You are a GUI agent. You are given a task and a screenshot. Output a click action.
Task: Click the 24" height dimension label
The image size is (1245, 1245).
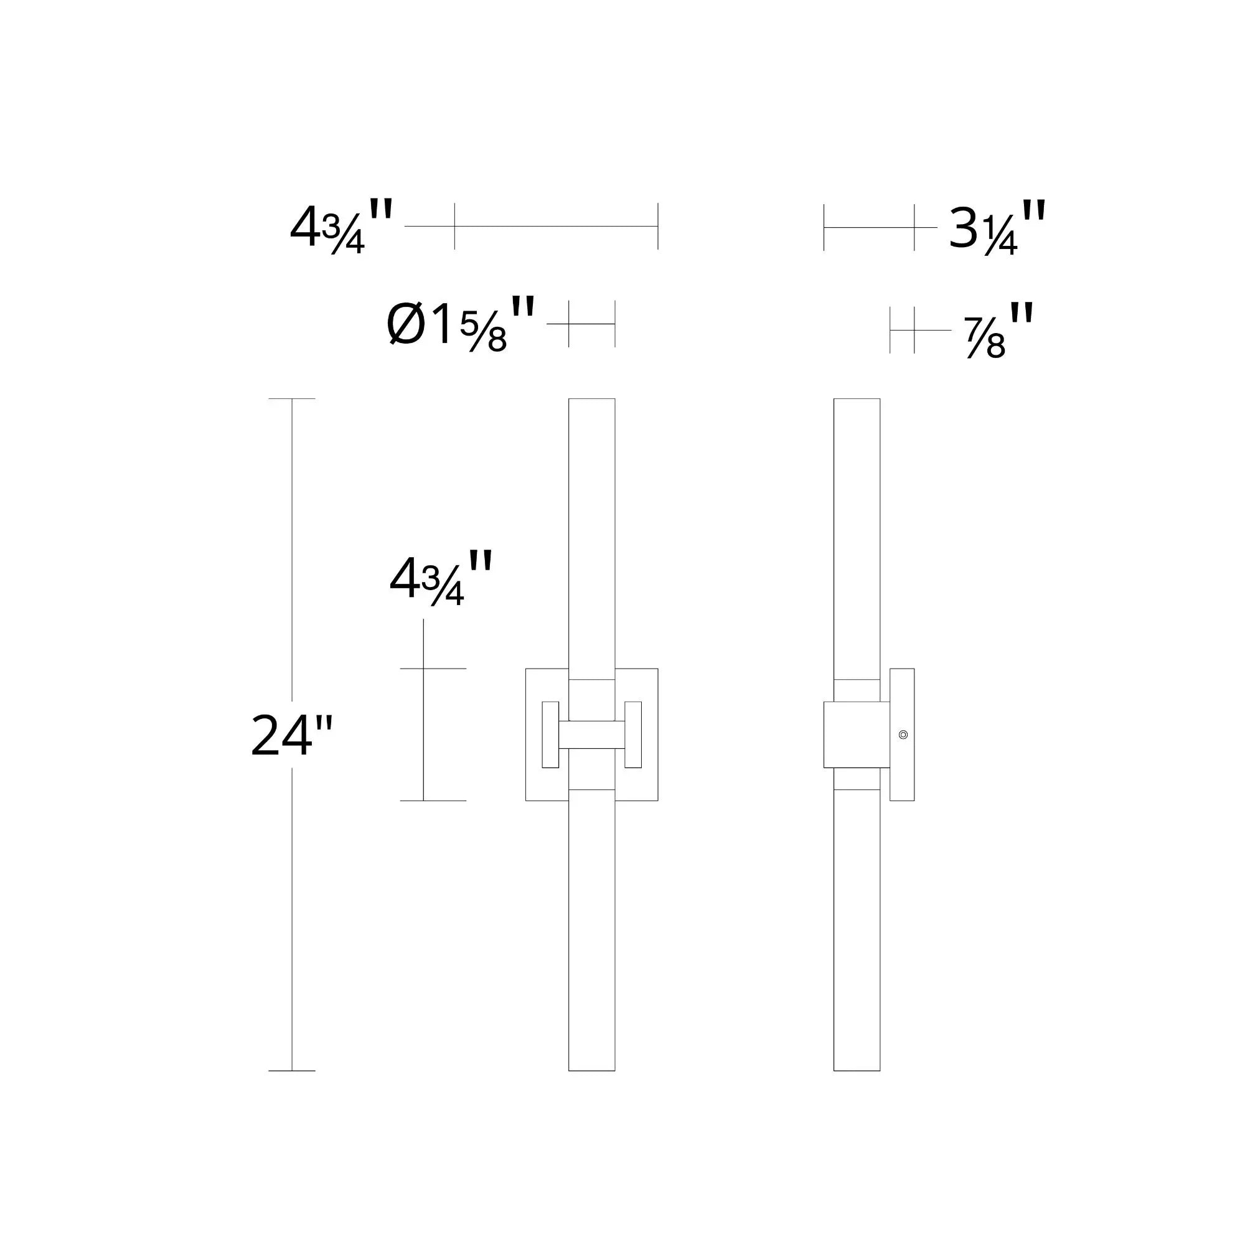291,735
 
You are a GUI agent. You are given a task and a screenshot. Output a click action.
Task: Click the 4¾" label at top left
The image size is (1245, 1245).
341,226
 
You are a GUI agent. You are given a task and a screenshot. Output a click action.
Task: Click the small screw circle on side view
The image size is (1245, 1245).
903,735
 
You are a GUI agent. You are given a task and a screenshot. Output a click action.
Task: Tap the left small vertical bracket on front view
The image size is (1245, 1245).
550,735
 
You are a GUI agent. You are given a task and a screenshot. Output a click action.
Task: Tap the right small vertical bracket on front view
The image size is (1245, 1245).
634,735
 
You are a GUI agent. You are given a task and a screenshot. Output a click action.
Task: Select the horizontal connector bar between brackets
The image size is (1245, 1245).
591,735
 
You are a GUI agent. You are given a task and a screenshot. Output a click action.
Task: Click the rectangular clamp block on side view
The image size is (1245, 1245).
857,735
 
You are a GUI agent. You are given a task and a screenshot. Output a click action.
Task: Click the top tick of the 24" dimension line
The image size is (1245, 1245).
292,399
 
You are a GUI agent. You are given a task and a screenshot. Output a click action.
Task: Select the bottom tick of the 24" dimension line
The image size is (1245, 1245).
292,1071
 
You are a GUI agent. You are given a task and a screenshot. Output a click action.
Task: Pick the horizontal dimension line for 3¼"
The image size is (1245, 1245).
868,227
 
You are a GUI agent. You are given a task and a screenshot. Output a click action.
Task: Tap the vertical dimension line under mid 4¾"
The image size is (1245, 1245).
423,735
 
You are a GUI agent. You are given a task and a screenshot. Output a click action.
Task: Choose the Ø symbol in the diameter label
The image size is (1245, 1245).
406,325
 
